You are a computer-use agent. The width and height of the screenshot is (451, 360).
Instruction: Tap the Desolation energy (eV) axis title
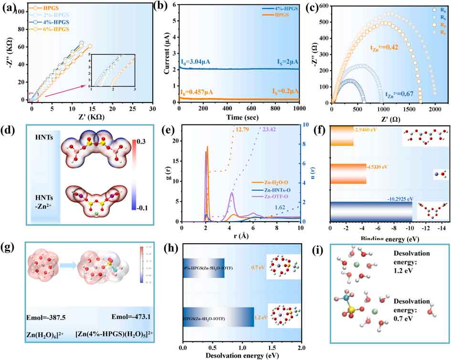(241, 354)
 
